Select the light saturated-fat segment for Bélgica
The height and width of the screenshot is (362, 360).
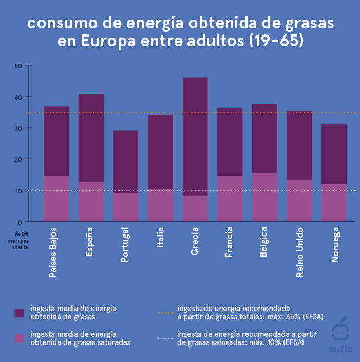264,197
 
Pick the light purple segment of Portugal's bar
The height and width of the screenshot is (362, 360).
126,207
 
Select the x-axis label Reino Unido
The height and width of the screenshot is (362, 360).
300,252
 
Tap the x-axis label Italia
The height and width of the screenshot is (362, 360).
160,238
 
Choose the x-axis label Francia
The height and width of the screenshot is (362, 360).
229,242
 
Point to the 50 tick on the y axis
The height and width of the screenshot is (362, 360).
17,66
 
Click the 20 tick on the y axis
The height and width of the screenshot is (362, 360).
17,159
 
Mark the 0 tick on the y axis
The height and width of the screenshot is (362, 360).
20,222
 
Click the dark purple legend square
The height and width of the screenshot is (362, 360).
19,313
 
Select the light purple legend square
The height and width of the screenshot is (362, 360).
19,338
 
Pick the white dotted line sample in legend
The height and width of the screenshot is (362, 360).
165,338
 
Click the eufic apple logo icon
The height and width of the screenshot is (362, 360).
339,332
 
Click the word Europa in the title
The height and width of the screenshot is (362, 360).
110,41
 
